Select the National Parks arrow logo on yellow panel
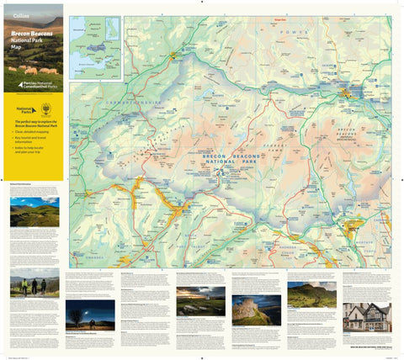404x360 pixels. (23, 109)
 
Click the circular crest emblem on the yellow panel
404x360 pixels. (45, 109)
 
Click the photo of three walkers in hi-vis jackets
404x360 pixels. (35, 287)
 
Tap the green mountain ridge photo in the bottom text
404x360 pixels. (311, 294)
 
